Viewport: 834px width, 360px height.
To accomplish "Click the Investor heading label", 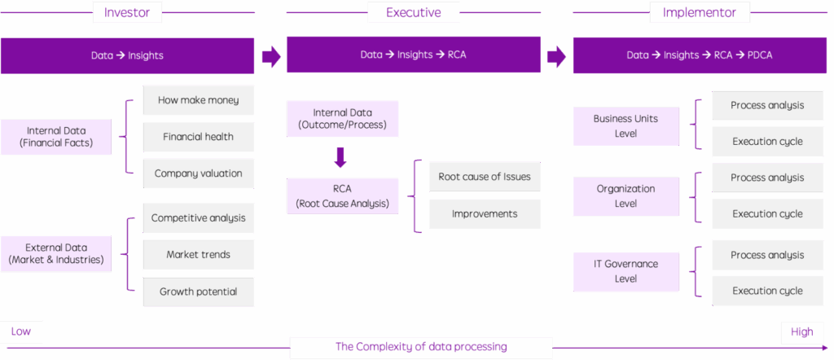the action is pos(128,12).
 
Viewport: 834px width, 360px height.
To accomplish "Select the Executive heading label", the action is pos(413,12).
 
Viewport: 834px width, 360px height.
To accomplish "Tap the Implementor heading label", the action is pos(700,12).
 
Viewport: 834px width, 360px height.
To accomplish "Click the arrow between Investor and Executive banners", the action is pos(271,56).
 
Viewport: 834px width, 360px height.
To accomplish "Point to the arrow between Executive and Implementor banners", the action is pos(557,56).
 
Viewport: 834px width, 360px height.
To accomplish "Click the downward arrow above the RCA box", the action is pos(341,157).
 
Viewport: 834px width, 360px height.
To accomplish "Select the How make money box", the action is pos(199,100).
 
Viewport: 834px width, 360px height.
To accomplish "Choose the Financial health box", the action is pos(199,137).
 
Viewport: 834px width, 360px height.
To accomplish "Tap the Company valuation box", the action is pos(199,173).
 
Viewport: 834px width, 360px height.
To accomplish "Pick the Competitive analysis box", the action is pos(199,218).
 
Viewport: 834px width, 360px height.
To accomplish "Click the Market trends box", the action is pos(199,255).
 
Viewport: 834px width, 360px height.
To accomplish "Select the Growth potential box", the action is pos(199,292).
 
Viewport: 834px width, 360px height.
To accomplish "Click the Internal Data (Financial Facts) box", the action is pos(56,137).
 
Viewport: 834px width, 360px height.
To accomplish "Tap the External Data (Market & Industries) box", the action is pos(56,253).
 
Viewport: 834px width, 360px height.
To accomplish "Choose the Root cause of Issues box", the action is pos(485,177).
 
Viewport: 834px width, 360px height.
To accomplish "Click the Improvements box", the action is pos(485,213).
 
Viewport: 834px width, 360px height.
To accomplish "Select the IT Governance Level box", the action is pos(626,272).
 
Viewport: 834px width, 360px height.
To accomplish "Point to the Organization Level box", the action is pos(626,196).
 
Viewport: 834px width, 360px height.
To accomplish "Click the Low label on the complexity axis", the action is pos(21,331).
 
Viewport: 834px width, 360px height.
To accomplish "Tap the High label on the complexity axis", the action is pos(801,332).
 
